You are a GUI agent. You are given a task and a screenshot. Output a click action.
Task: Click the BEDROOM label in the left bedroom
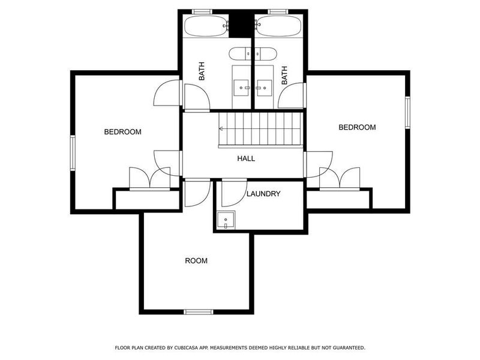coord(122,132)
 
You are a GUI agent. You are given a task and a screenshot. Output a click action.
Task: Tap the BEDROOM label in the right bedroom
coord(357,127)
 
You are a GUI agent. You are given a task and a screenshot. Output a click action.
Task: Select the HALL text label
coord(245,159)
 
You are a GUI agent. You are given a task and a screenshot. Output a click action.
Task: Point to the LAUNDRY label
coord(263,194)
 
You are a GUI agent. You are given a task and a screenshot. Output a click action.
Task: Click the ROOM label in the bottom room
coord(196,260)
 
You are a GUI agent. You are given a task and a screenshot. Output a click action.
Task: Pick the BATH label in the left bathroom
coord(202,73)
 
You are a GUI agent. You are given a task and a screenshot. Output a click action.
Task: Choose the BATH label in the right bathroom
coord(284,74)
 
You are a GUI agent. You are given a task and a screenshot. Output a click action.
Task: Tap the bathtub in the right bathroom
coord(278,26)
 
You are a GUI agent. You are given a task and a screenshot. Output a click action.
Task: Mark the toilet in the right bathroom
coord(265,53)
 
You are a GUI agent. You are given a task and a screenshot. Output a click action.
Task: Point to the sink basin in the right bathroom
coord(261,88)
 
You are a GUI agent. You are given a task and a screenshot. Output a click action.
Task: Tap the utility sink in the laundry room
coord(226,220)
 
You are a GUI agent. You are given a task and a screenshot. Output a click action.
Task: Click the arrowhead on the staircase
coord(221,128)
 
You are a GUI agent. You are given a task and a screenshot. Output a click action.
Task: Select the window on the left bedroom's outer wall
coord(72,153)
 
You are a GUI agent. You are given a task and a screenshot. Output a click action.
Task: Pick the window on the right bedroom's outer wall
coord(407,112)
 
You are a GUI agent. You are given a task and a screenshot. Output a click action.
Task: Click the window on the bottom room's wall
coord(199,311)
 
